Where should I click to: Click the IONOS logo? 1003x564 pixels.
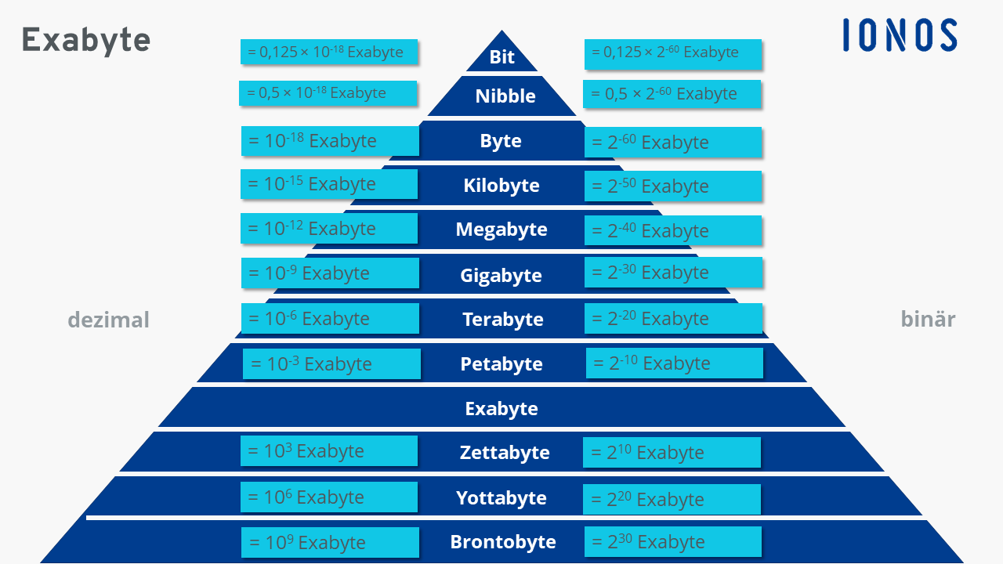[900, 35]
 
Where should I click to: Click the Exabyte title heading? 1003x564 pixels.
[86, 40]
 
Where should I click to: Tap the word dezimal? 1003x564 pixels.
[108, 320]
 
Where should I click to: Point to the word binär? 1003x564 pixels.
[928, 319]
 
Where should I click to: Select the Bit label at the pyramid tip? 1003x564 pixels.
[502, 57]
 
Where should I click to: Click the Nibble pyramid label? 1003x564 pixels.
[505, 96]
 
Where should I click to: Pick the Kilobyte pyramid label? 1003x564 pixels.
[501, 186]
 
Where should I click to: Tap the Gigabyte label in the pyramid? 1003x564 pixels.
[501, 275]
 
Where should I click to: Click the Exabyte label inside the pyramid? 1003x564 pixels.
[501, 409]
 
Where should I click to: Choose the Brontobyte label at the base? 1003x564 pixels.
[503, 541]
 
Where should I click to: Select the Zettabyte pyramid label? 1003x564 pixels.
[505, 452]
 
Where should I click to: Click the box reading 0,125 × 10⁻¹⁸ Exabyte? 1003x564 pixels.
[329, 52]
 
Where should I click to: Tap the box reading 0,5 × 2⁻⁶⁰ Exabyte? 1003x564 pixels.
[672, 94]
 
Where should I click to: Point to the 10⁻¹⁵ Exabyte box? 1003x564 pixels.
[329, 184]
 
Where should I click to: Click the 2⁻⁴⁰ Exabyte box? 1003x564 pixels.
[673, 230]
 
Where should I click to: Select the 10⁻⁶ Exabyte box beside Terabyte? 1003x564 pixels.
[330, 318]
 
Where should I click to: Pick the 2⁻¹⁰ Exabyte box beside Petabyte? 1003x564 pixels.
[675, 363]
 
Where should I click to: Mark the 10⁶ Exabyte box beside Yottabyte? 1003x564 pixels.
[329, 497]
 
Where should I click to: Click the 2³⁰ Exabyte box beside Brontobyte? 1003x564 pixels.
[673, 541]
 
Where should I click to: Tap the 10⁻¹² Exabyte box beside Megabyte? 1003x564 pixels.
[329, 228]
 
